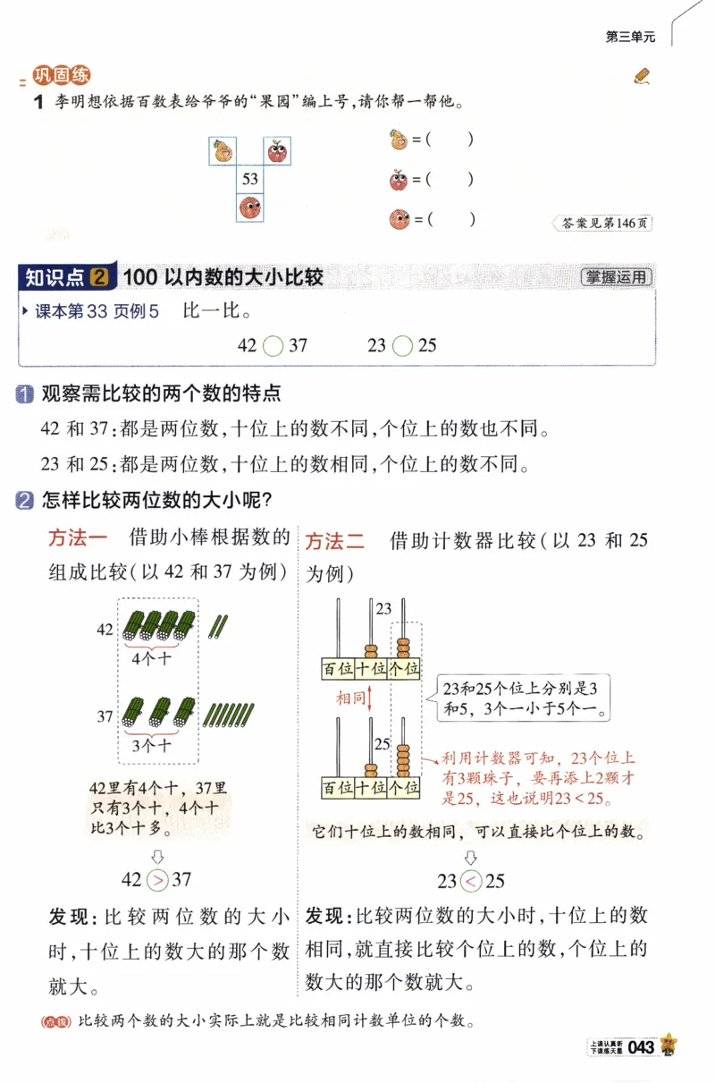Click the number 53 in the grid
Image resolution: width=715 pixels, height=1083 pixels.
(249, 179)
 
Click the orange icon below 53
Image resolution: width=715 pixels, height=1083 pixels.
(249, 208)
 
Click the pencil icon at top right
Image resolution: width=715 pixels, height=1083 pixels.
(641, 76)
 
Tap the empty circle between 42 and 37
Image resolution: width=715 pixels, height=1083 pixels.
(273, 344)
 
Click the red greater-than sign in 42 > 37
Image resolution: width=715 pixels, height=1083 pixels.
(156, 880)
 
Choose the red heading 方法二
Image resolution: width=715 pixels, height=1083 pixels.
(335, 541)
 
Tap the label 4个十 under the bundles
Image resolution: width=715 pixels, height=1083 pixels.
(151, 658)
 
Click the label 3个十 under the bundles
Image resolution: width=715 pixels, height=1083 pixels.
(151, 744)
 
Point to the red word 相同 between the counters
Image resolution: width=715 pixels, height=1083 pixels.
(349, 698)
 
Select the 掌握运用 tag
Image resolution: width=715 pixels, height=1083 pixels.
(616, 277)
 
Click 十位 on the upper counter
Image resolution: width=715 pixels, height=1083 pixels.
(371, 668)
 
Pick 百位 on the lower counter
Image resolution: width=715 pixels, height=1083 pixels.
(338, 788)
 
